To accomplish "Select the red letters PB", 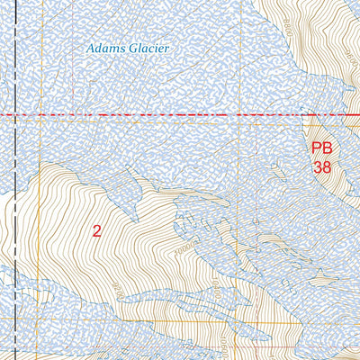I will pyautogui.click(x=322, y=148).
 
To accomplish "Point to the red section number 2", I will pyautogui.click(x=96, y=230).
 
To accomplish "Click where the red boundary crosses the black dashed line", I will pyautogui.click(x=16, y=116).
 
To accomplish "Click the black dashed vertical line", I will pyautogui.click(x=16, y=225).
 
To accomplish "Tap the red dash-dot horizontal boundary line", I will pyautogui.click(x=180, y=116).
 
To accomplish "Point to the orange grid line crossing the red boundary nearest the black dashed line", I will pyautogui.click(x=72, y=116).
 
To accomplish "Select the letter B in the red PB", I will pyautogui.click(x=328, y=148).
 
